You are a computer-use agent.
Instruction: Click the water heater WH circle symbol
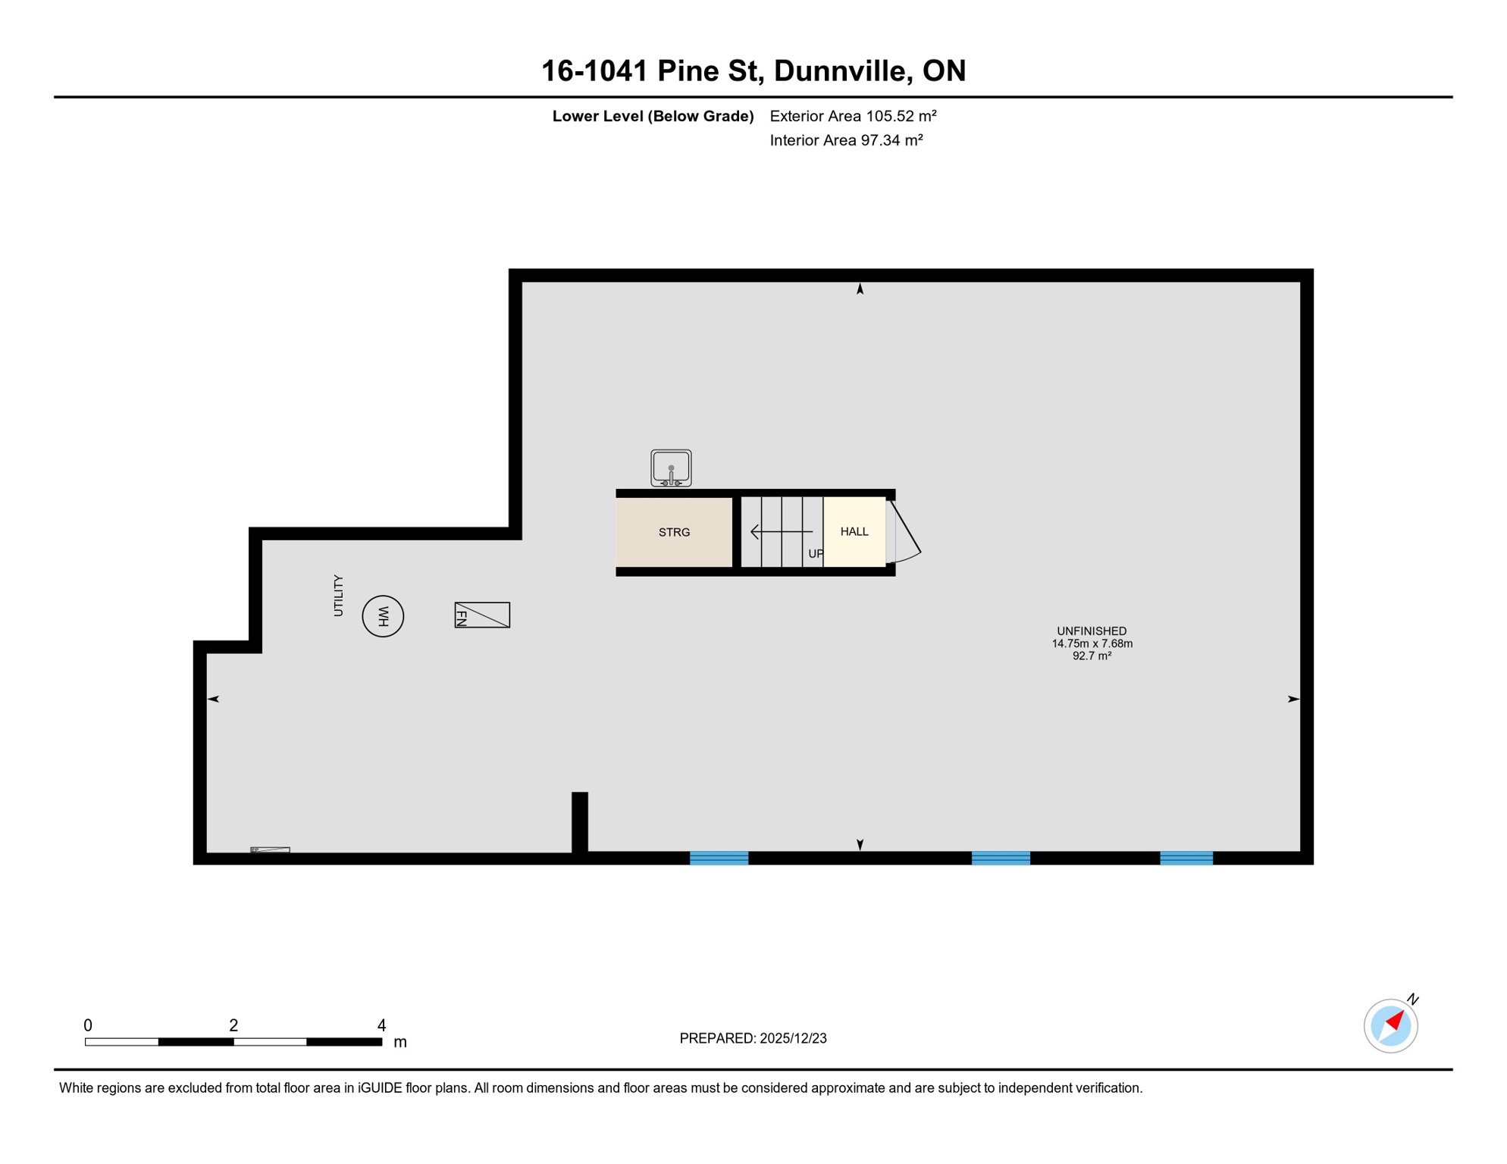click(383, 616)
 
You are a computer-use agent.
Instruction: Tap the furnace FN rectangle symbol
click(482, 615)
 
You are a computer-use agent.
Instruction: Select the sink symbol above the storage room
click(671, 468)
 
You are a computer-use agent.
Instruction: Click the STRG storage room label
click(674, 532)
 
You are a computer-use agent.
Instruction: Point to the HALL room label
click(854, 531)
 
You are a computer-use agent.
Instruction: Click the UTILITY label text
click(338, 596)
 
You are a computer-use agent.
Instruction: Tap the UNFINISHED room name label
click(1092, 630)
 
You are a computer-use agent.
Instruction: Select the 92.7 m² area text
click(1092, 656)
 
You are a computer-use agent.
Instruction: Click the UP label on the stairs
click(816, 553)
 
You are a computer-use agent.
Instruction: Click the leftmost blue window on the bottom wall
click(719, 858)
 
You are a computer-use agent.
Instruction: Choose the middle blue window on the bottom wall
click(1001, 858)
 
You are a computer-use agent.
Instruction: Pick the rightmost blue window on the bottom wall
click(1186, 858)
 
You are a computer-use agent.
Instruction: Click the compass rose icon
click(1390, 1026)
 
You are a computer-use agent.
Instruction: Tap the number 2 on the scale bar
click(233, 1025)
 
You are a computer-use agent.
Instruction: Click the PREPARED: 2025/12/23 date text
click(753, 1038)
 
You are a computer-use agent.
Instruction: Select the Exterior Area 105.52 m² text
click(853, 116)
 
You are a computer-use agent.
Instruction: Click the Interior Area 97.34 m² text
click(846, 140)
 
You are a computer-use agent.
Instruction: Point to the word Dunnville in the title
click(842, 70)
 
